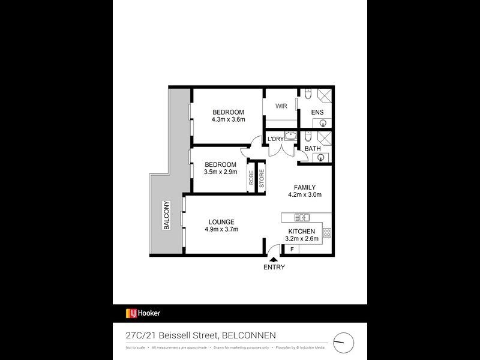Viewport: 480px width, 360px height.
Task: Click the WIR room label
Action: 281,106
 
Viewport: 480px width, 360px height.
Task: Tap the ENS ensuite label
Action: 317,112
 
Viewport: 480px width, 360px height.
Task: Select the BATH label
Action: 312,149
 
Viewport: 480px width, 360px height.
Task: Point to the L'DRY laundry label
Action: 275,139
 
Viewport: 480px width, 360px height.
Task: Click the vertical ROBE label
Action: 252,178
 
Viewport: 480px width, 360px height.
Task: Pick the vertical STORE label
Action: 262,178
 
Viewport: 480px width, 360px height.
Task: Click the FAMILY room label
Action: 305,187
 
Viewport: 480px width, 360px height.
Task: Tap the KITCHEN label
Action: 302,231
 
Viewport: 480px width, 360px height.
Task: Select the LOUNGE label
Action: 221,221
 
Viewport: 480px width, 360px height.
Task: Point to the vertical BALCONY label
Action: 166,215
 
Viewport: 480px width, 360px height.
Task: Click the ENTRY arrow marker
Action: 274,258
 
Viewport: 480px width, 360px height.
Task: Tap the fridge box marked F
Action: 292,248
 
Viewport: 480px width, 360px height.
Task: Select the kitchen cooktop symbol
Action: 327,233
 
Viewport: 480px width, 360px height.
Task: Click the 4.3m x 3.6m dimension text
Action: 228,120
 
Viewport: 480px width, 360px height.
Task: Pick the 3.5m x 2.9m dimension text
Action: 220,172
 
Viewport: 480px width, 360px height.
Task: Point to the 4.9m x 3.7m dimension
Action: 221,229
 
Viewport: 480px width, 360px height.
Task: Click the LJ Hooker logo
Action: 143,313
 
